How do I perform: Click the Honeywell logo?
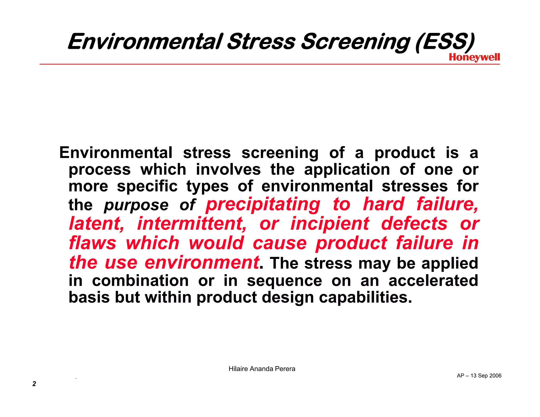point(474,57)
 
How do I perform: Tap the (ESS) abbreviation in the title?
point(445,42)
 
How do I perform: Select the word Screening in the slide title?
point(355,42)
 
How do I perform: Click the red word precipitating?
point(263,205)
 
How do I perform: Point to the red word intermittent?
point(192,224)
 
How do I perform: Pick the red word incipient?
point(330,224)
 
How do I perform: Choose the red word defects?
point(414,224)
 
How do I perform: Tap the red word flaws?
point(93,243)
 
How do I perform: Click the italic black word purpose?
point(136,205)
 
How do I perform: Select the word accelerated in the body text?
point(433,280)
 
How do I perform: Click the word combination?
point(140,280)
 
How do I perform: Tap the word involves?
point(228,169)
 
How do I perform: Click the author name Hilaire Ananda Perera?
point(262,369)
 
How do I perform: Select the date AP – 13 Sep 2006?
point(479,376)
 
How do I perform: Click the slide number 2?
point(34,384)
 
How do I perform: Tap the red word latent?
point(97,224)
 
